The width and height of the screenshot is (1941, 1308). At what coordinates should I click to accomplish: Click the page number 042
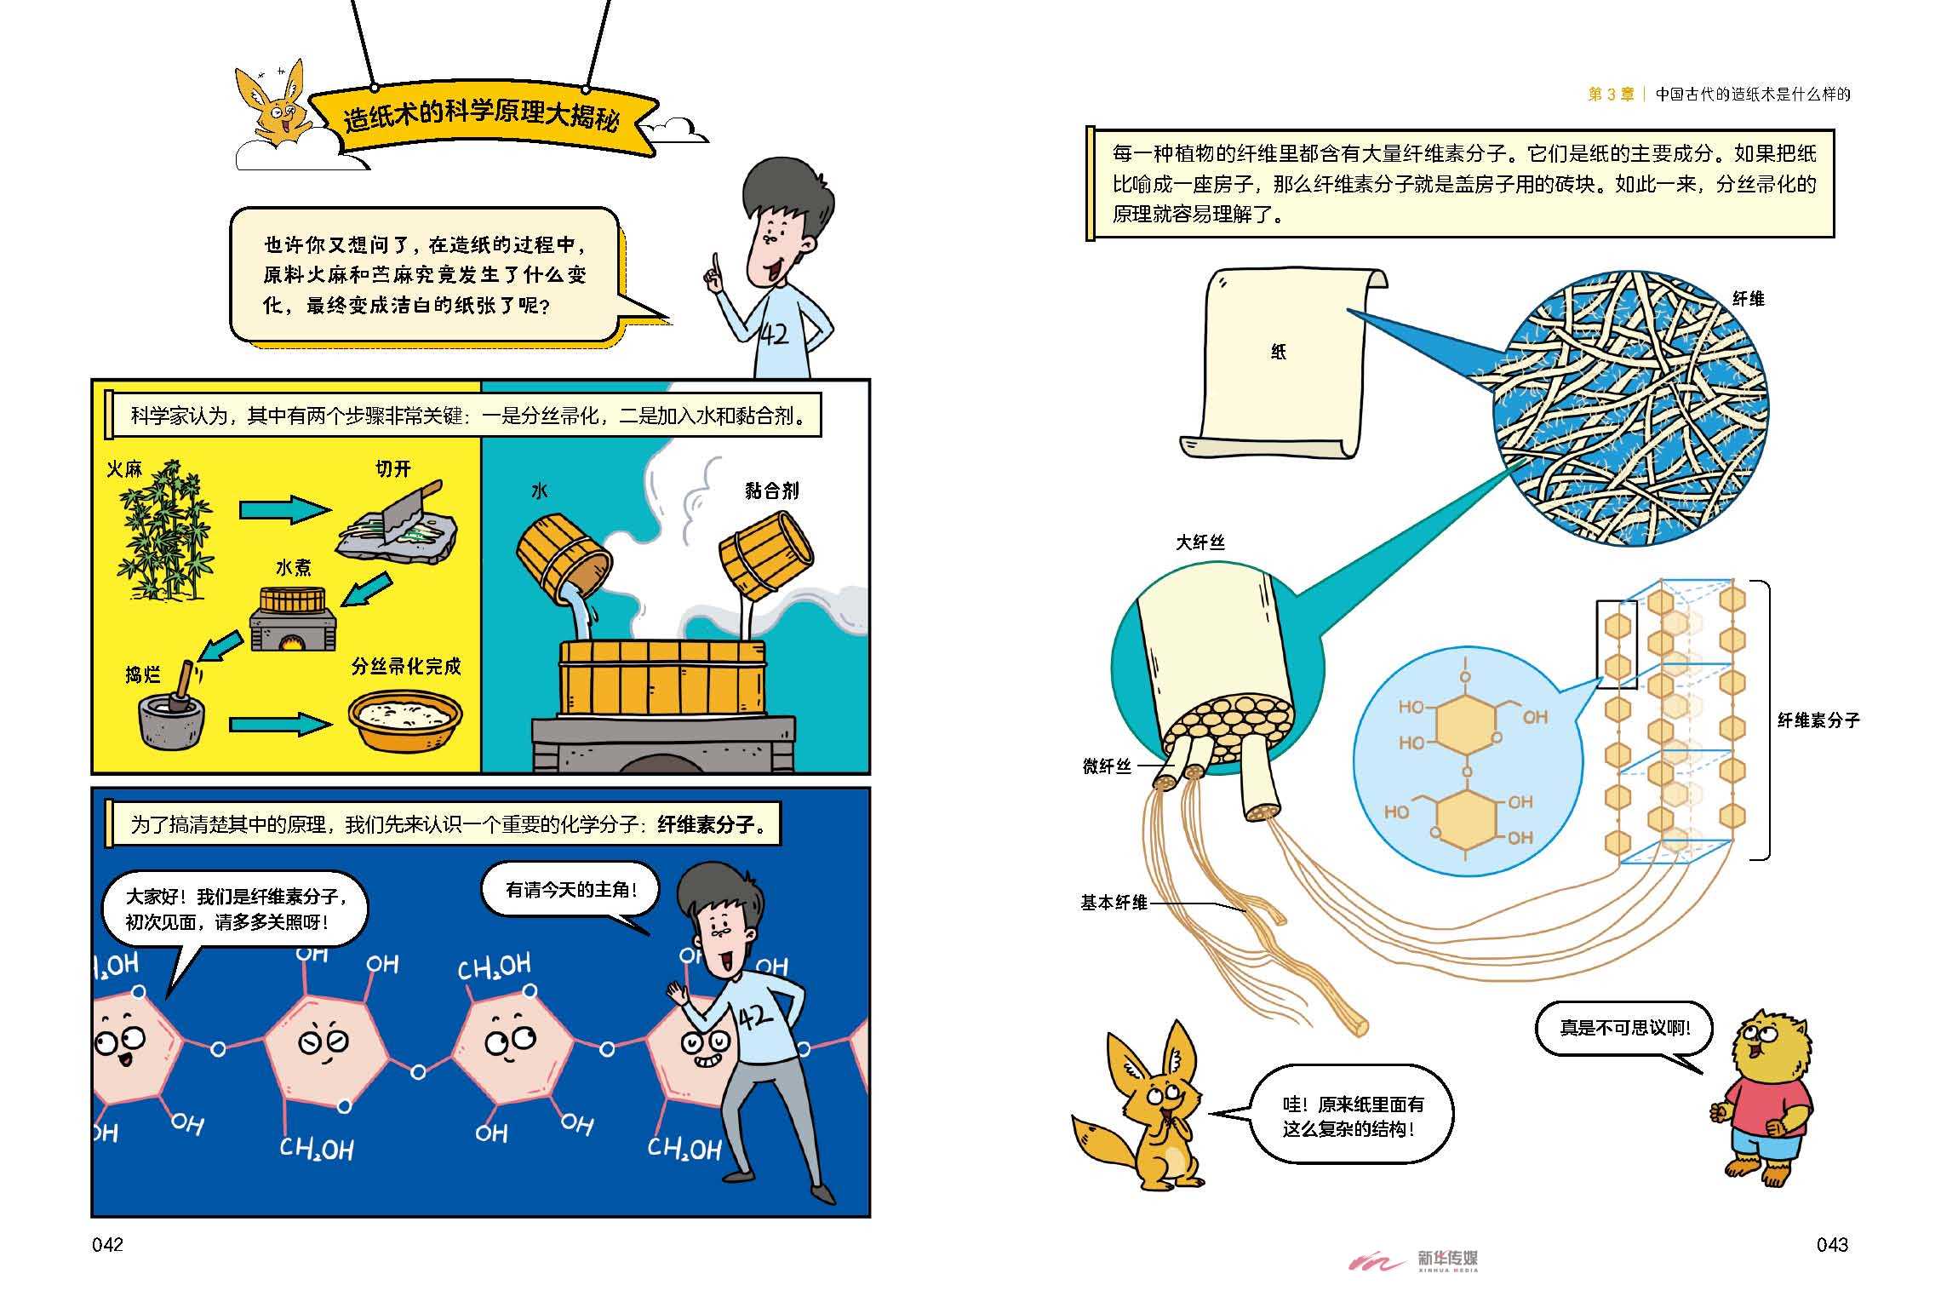pyautogui.click(x=107, y=1245)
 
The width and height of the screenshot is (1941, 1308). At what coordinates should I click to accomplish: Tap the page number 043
pyautogui.click(x=1832, y=1245)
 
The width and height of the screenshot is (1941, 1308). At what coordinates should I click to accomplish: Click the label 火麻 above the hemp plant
pyautogui.click(x=124, y=468)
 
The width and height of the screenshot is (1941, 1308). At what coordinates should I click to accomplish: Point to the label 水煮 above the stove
pyautogui.click(x=294, y=567)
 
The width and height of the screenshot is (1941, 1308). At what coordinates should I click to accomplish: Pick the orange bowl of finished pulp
pyautogui.click(x=405, y=720)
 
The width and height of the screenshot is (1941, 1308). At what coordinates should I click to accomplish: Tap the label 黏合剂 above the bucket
pyautogui.click(x=772, y=490)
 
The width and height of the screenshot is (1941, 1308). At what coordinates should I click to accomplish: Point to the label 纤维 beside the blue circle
pyautogui.click(x=1749, y=299)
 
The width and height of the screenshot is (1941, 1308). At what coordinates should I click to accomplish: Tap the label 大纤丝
pyautogui.click(x=1200, y=542)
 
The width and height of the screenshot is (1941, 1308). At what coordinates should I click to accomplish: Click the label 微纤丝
pyautogui.click(x=1107, y=766)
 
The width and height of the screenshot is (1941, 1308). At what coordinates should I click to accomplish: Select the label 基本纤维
pyautogui.click(x=1114, y=903)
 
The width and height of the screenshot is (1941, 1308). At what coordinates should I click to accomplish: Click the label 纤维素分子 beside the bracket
pyautogui.click(x=1818, y=720)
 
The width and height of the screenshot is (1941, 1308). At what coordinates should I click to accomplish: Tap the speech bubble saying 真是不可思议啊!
pyautogui.click(x=1624, y=1029)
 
